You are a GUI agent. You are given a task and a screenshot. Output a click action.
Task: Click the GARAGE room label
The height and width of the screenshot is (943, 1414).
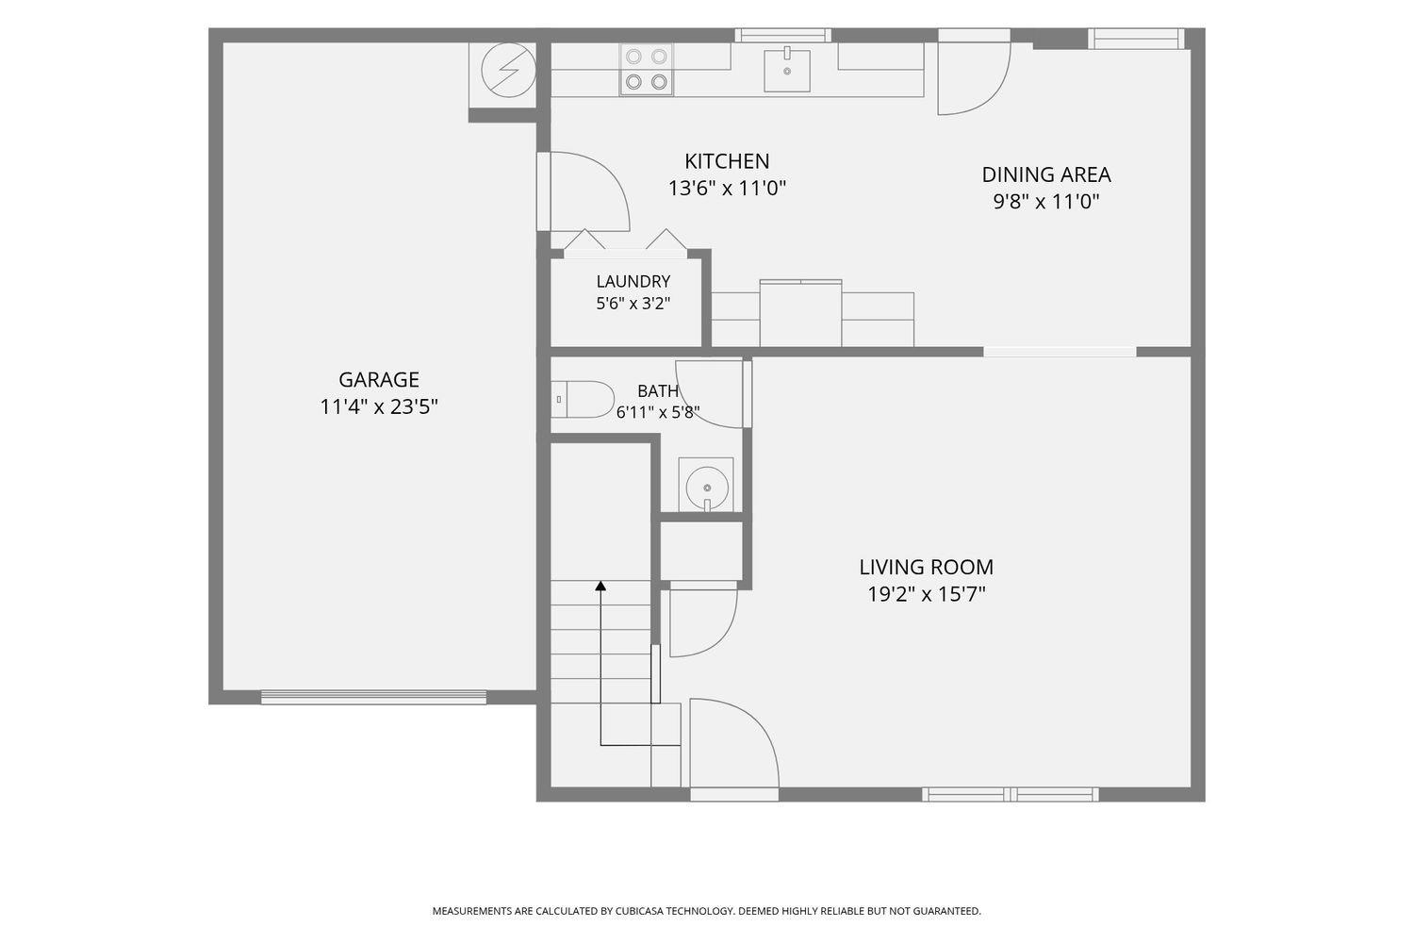pos(379,380)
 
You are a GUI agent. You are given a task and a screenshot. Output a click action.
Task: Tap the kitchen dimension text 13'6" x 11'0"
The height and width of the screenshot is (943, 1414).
pos(727,189)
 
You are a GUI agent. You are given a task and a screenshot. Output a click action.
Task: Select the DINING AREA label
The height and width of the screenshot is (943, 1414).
pos(1046,174)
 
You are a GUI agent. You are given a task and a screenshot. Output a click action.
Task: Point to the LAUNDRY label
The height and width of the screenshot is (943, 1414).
pos(633,281)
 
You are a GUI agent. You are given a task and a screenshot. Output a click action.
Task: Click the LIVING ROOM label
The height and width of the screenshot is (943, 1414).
pos(926,567)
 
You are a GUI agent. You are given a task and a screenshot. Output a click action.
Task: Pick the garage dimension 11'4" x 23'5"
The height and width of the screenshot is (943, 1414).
pos(379,406)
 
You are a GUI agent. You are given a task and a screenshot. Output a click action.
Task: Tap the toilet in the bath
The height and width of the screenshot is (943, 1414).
pos(583,399)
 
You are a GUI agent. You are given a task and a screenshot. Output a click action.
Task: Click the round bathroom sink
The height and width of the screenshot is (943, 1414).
pos(706,486)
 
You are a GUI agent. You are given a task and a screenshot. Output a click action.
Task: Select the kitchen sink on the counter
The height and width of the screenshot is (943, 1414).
pos(787,70)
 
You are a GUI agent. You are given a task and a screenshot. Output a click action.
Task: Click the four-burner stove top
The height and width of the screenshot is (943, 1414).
pos(647,70)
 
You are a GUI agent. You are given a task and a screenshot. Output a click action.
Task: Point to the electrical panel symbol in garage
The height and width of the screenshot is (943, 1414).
pos(508,70)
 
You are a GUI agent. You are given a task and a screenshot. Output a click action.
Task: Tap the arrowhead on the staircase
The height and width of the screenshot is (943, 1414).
pos(601,587)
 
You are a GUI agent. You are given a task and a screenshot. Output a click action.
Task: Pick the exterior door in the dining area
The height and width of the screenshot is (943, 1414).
pos(974,72)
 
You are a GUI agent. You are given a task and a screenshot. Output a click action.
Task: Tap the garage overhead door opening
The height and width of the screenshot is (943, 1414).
pos(373,697)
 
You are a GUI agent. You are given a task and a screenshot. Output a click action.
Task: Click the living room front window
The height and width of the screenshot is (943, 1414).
pos(1010,795)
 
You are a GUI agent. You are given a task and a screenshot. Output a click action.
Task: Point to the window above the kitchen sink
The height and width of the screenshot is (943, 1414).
pos(782,36)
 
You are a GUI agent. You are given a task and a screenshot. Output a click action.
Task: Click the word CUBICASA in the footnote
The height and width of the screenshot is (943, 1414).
pos(639,911)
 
